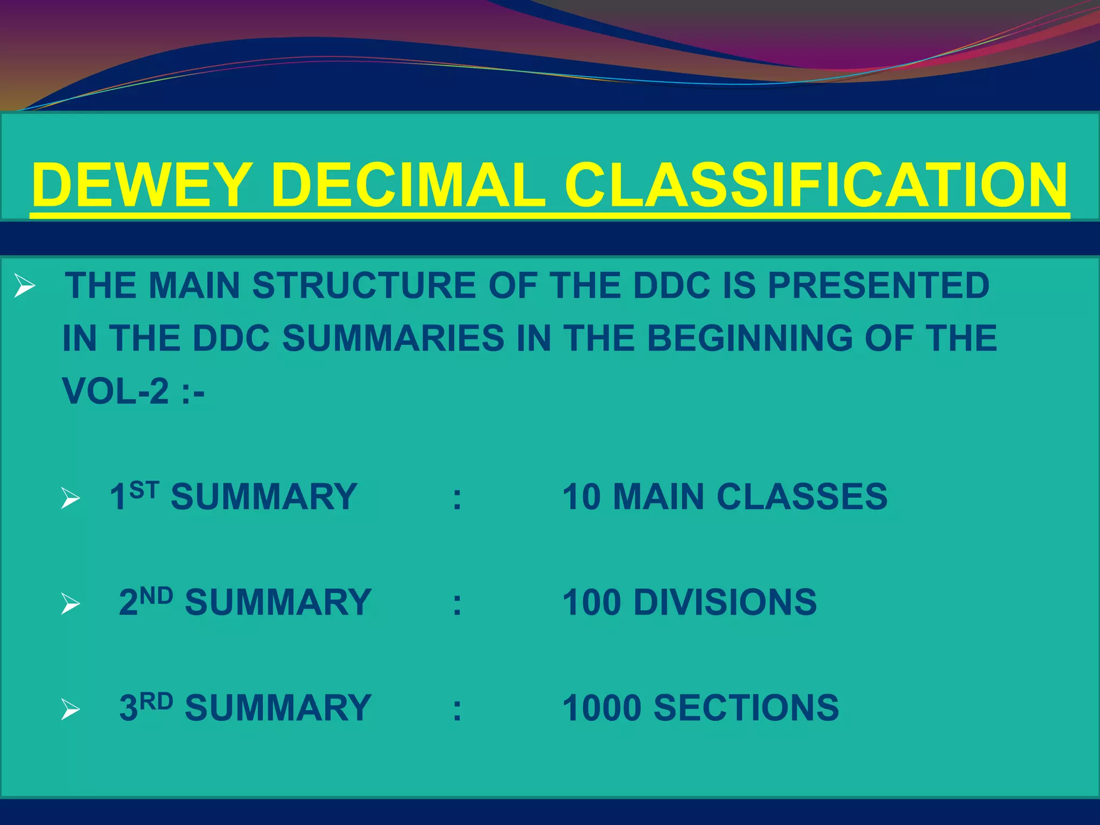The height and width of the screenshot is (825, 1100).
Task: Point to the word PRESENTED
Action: pos(878,285)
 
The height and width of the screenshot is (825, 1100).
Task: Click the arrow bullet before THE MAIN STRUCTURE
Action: pos(25,285)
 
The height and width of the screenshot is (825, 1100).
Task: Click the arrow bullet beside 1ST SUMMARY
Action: pos(70,498)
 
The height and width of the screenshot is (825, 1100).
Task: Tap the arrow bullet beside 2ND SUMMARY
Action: pos(70,604)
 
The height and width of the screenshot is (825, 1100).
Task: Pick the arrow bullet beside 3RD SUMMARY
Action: pos(70,710)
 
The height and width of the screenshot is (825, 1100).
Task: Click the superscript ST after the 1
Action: pos(144,490)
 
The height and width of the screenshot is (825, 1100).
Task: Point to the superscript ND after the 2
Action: pos(156,596)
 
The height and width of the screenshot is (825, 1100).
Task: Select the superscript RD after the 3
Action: pos(156,701)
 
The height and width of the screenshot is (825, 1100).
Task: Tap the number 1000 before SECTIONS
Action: pos(602,708)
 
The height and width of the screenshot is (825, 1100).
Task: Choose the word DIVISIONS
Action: pos(725,602)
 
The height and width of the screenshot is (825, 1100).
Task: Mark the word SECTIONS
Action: pos(746,708)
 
